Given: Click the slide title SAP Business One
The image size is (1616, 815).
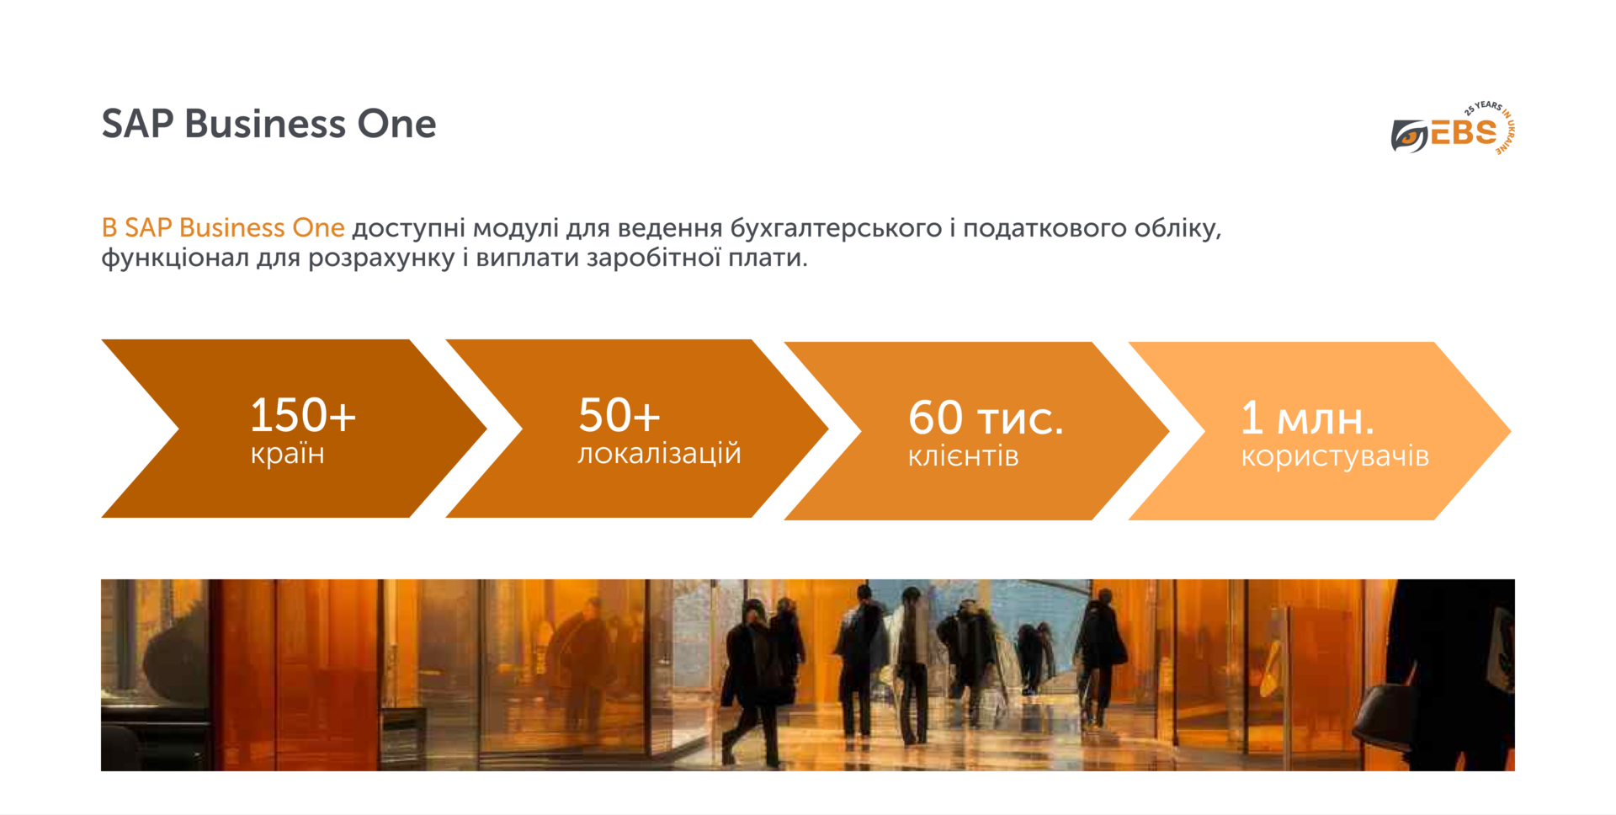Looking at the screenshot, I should (x=268, y=124).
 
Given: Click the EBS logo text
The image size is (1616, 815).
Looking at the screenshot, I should (x=1464, y=133).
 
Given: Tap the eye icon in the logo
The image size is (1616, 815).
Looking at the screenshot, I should (x=1409, y=136).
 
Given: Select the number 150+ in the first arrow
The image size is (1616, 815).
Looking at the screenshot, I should (x=303, y=415).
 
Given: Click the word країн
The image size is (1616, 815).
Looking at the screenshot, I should (x=287, y=454).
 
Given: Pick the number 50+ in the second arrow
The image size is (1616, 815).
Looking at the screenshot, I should (x=619, y=415).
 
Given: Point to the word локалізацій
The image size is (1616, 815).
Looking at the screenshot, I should (x=659, y=454).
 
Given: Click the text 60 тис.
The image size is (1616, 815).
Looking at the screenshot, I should (x=986, y=418).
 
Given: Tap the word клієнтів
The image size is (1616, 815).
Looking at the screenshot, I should (x=963, y=456).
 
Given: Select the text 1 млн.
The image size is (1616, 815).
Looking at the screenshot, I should (x=1307, y=418).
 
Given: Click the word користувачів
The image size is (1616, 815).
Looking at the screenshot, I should (x=1335, y=456).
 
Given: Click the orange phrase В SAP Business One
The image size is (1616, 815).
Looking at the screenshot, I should (x=223, y=228).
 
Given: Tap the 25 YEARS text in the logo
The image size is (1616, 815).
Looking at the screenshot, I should (x=1483, y=108).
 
